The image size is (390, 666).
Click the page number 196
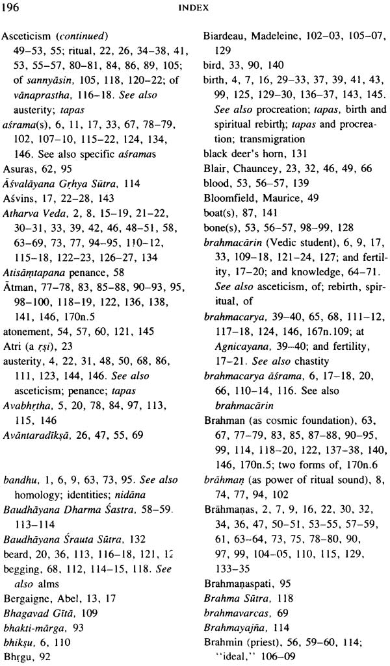point(11,8)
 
